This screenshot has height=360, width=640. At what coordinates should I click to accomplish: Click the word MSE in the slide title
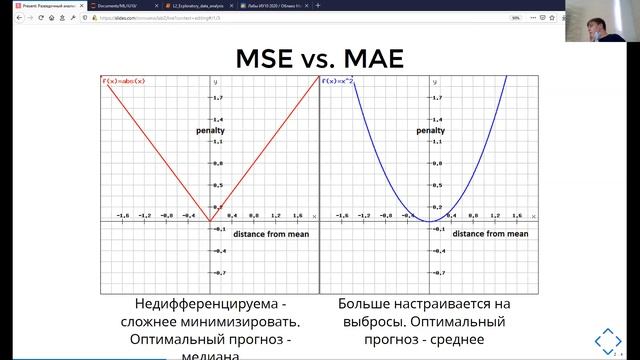(x=270, y=59)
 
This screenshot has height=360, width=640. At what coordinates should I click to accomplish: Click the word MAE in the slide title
(x=369, y=59)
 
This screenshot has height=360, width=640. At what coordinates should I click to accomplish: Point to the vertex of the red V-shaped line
(x=210, y=221)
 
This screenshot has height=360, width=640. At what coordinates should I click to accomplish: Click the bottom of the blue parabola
(x=428, y=221)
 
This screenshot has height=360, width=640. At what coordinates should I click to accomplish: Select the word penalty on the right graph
(x=459, y=130)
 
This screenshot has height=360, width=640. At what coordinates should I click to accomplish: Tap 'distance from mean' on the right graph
(x=490, y=233)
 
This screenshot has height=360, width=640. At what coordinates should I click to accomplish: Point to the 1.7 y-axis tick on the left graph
(x=217, y=98)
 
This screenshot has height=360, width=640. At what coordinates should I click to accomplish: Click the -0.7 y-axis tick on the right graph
(x=437, y=272)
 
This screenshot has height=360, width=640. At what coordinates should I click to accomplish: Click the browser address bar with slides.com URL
(x=250, y=17)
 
